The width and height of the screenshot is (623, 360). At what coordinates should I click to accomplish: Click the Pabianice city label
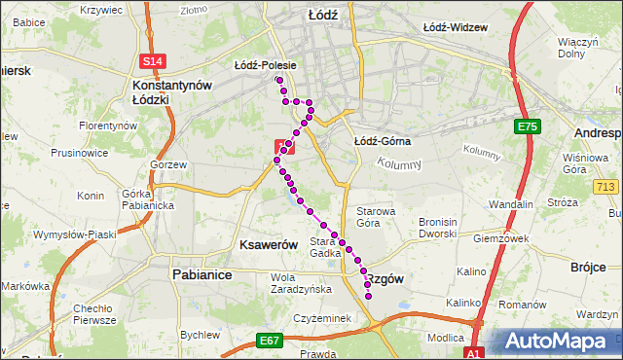(x=202, y=275)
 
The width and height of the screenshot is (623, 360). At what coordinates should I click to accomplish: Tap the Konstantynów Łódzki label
(x=171, y=92)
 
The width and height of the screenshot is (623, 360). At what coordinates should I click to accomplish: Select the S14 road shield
(x=151, y=61)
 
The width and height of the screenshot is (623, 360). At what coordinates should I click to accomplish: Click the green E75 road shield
(x=528, y=126)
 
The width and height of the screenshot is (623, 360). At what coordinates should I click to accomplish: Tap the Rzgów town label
(x=382, y=278)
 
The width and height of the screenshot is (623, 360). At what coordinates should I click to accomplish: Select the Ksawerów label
(x=267, y=246)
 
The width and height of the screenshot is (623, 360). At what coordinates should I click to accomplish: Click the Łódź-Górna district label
(x=382, y=141)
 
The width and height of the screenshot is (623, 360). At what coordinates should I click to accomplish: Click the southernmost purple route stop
(x=368, y=296)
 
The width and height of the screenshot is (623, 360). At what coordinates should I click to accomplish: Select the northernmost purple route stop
(x=279, y=80)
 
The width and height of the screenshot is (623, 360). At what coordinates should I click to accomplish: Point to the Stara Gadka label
(x=324, y=247)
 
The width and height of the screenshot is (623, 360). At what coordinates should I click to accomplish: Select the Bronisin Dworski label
(x=445, y=228)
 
